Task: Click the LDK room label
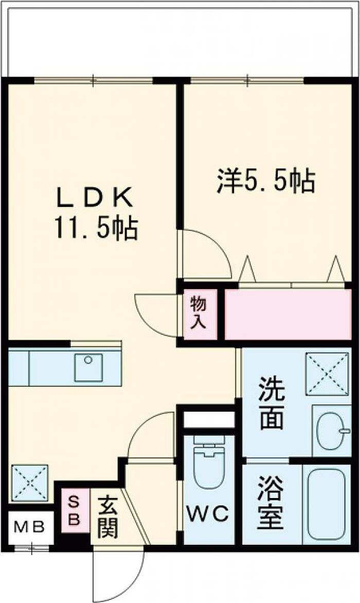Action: [x=96, y=197]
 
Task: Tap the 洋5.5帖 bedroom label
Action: [x=265, y=181]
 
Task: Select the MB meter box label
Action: [x=29, y=527]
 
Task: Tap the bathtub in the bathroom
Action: [x=326, y=504]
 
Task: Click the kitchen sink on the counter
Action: [x=88, y=367]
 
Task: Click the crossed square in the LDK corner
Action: [x=29, y=483]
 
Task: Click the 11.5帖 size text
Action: [x=96, y=228]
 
